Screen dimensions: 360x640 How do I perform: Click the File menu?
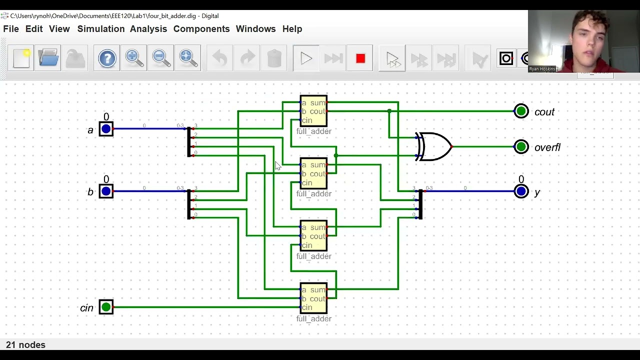(x=11, y=29)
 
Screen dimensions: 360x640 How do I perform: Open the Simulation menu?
(x=100, y=29)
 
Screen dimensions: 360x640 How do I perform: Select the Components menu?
(x=201, y=29)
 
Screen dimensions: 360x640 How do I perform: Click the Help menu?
(x=292, y=29)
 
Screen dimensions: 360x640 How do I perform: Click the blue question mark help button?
(x=107, y=58)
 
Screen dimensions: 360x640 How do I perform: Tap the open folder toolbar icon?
(x=48, y=58)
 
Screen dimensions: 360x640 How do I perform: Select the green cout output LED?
(x=521, y=111)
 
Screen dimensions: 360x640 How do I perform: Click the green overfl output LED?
(x=521, y=146)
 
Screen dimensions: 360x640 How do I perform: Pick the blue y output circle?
(x=521, y=191)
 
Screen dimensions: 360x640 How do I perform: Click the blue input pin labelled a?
(x=106, y=129)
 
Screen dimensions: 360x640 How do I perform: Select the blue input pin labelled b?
(x=106, y=191)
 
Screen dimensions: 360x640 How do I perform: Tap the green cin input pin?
(x=106, y=307)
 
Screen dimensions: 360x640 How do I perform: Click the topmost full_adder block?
(x=313, y=111)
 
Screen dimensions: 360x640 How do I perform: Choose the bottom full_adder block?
(x=313, y=298)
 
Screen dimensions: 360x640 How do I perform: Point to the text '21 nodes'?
(x=25, y=345)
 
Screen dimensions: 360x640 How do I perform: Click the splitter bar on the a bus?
(x=189, y=142)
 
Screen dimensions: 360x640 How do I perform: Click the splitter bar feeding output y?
(x=420, y=204)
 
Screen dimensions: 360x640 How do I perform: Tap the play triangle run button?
(x=306, y=58)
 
